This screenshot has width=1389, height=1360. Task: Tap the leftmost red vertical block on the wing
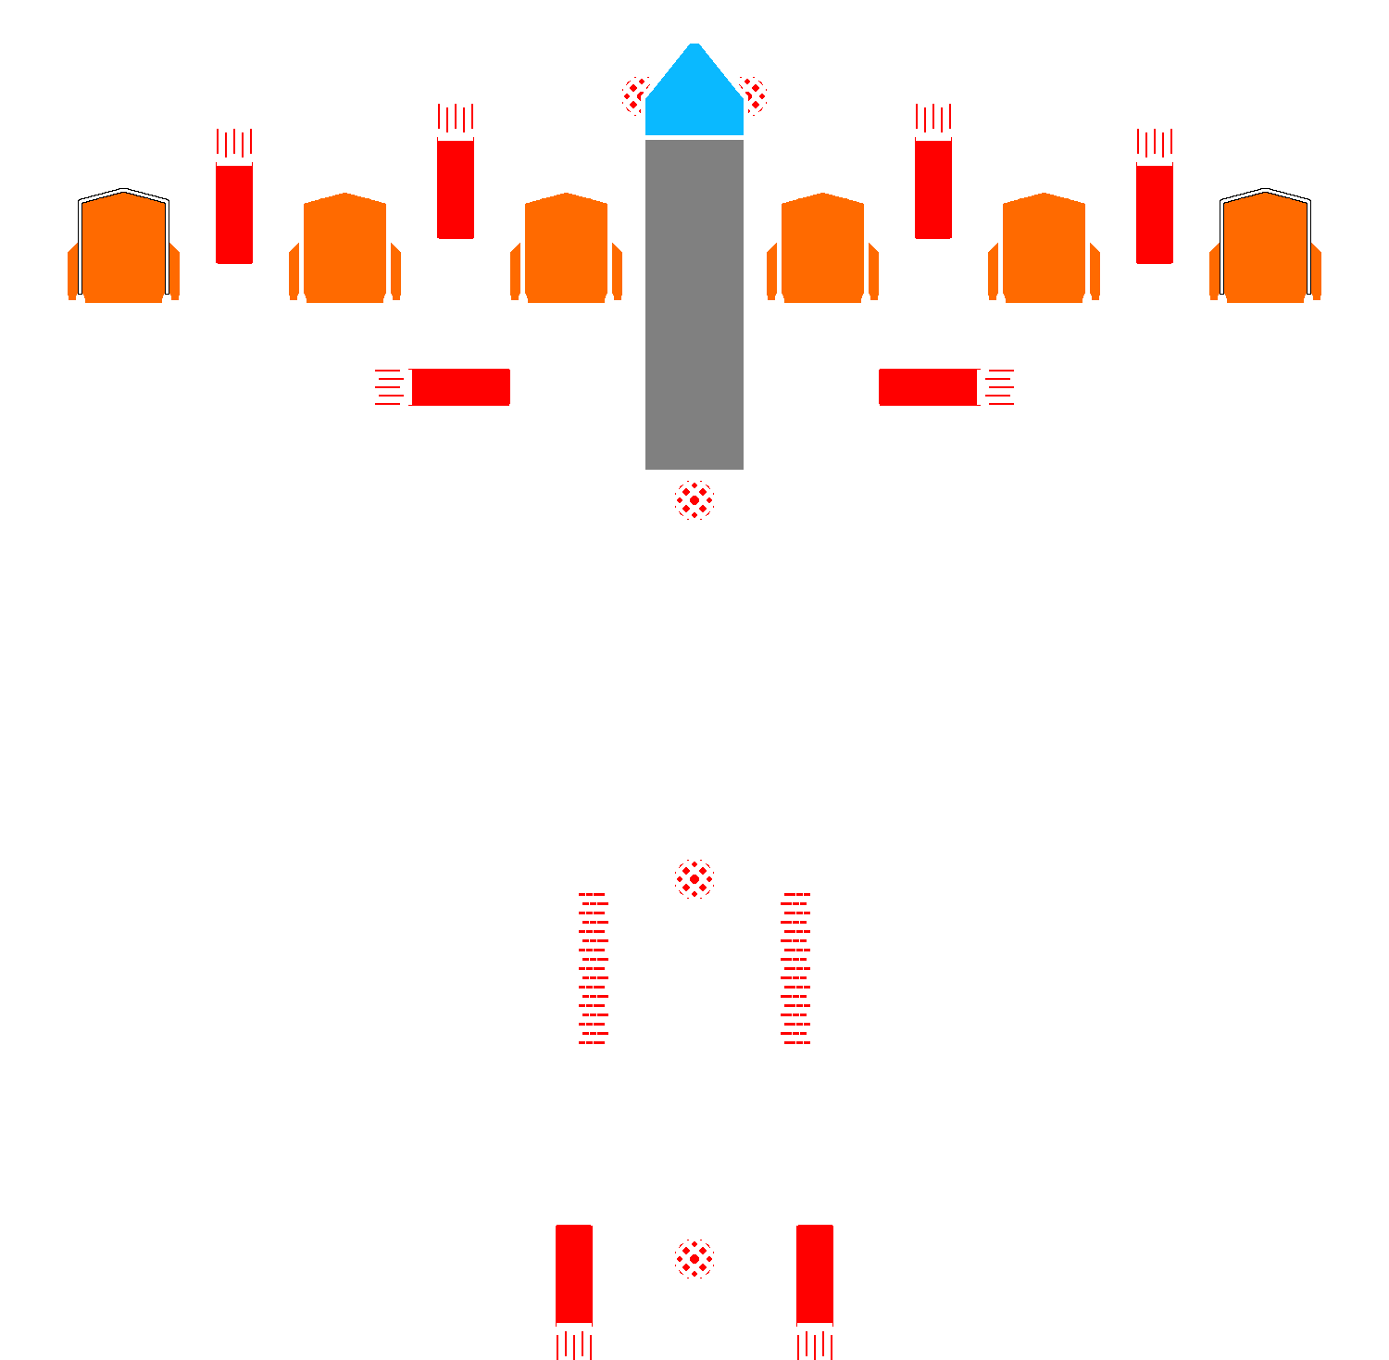point(234,213)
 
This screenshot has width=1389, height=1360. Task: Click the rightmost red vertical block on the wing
point(1155,213)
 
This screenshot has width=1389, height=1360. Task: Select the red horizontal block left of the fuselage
point(460,386)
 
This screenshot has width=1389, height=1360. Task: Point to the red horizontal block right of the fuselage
point(929,386)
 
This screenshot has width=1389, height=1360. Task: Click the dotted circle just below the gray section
point(694,500)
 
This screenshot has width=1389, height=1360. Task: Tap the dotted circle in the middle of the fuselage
point(694,878)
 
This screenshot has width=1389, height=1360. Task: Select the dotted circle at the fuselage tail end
point(694,1258)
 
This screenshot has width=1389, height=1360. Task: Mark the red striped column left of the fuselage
point(594,968)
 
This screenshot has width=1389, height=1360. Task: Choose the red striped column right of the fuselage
point(795,968)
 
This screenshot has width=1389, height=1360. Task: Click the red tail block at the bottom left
point(574,1274)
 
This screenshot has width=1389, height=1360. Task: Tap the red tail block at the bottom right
point(815,1274)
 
